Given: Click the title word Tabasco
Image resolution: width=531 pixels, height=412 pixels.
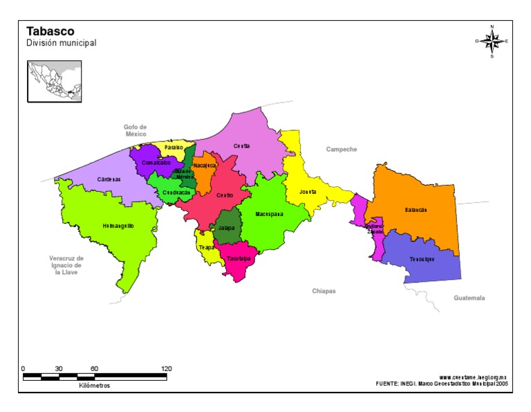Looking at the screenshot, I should (x=50, y=31).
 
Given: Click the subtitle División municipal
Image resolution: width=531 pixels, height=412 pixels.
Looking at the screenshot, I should (x=61, y=43).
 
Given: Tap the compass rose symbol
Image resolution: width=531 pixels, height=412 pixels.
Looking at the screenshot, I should (x=492, y=42).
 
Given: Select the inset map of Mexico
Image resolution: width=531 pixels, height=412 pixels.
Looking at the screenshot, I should (x=54, y=82).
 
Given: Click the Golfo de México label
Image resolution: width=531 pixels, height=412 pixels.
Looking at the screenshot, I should (x=136, y=130).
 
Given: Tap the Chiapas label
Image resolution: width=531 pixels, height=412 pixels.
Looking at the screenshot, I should (x=324, y=292).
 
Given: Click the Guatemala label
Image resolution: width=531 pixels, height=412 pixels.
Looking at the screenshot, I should (x=469, y=298).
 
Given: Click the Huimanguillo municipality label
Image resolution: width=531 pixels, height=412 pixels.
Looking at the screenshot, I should (x=118, y=226).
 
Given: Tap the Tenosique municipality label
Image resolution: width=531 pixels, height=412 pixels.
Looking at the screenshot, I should (x=421, y=259).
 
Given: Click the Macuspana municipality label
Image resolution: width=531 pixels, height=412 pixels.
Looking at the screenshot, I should (x=269, y=214).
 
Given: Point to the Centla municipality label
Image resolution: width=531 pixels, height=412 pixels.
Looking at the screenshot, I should (x=241, y=146).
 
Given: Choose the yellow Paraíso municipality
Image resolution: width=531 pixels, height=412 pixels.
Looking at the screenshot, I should (x=174, y=147).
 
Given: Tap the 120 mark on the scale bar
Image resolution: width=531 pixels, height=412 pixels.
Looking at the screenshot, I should (x=166, y=369).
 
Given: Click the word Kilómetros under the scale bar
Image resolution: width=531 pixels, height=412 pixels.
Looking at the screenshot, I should (x=94, y=386).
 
